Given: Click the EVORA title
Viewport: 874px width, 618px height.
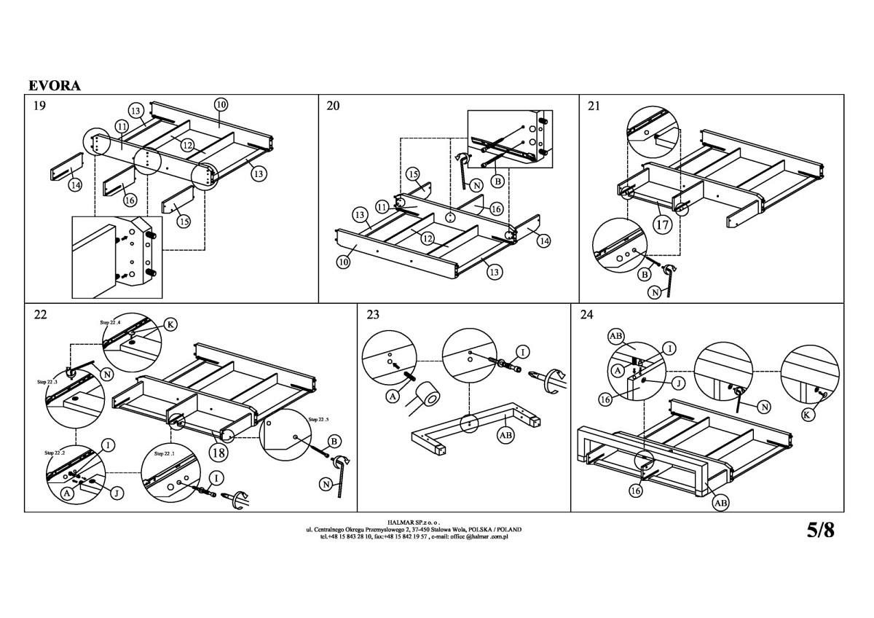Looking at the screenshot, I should point(55,85).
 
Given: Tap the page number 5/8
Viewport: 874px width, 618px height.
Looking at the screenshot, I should point(821,530).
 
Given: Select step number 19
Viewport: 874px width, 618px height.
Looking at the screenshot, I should point(40,106).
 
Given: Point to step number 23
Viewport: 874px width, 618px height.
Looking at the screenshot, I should point(373,315).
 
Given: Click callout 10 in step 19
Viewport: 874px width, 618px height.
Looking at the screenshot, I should point(221,104).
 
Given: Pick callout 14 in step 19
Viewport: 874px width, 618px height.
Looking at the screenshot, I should point(75,185).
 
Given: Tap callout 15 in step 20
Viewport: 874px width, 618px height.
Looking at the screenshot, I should point(413,174).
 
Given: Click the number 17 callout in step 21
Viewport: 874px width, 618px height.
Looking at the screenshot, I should point(661,224).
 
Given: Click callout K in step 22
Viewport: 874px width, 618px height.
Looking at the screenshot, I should point(170,325).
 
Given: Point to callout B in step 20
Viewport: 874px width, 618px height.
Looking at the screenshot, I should point(498,179).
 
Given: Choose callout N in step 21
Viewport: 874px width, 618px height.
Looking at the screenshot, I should point(655,293).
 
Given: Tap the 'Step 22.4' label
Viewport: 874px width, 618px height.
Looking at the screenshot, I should point(110,321).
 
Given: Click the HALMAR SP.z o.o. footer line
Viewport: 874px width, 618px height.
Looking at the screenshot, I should point(422,522).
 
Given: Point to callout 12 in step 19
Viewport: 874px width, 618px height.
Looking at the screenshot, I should point(188,146).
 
